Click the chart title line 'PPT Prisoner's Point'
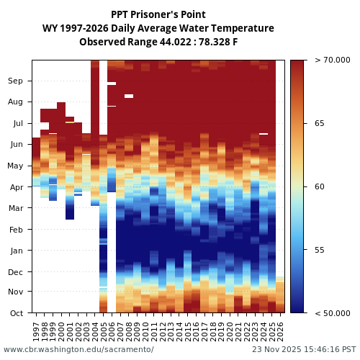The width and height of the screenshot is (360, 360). tap(158, 14)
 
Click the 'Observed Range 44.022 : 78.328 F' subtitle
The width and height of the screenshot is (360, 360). tap(158, 42)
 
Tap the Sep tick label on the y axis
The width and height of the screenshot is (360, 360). tap(15, 81)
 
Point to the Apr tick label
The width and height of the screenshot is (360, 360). tap(16, 187)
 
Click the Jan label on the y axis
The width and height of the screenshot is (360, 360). tap(16, 251)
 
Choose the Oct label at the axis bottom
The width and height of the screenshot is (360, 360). tap(16, 313)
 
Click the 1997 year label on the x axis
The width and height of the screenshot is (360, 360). tap(36, 331)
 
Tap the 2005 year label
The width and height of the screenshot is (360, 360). tap(103, 331)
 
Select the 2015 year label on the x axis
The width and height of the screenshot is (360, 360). tap(187, 331)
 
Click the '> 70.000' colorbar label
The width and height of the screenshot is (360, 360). tap(332, 60)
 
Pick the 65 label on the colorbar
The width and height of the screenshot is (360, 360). tap(320, 124)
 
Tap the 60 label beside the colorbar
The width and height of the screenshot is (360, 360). tap(320, 187)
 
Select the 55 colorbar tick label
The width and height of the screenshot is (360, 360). tap(320, 251)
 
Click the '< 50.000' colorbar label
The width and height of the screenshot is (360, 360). tap(332, 313)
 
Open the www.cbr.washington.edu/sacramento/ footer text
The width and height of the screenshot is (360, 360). tap(78, 349)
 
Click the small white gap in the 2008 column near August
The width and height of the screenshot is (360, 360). tap(129, 96)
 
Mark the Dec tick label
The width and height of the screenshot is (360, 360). tap(16, 272)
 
